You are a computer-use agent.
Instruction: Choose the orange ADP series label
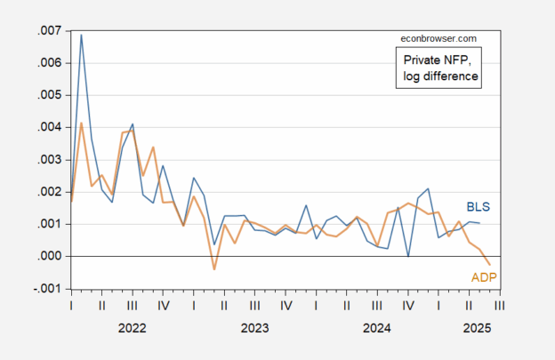(483, 277)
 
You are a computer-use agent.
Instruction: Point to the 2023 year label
(254, 328)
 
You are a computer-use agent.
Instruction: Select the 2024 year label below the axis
(377, 328)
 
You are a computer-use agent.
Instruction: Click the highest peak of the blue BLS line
(82, 36)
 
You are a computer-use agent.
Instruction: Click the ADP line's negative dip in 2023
(214, 268)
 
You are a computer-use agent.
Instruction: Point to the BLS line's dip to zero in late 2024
(408, 256)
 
